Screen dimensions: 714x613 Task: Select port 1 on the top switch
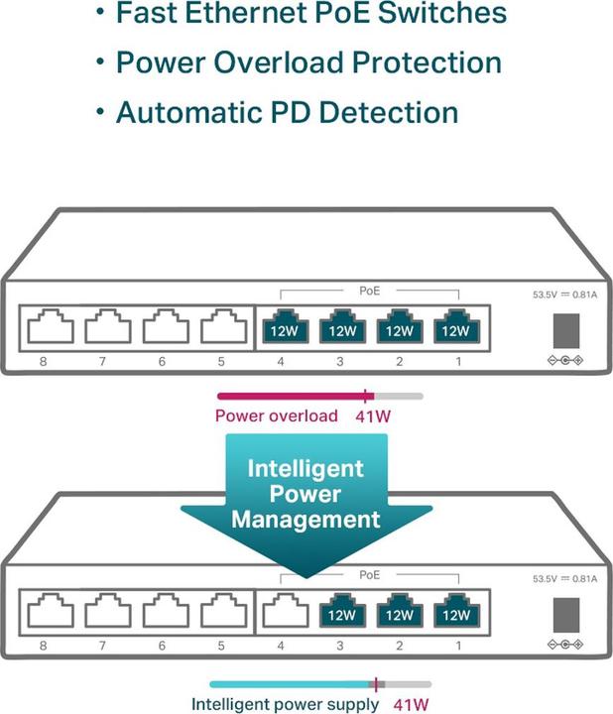point(456,328)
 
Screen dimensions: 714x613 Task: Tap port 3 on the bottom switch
point(340,613)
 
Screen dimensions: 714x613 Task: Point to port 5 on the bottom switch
point(224,613)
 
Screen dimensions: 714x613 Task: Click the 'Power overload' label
point(277,416)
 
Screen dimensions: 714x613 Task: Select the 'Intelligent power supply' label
point(285,704)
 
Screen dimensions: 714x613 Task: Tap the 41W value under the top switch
point(372,416)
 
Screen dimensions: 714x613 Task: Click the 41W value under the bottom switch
point(412,704)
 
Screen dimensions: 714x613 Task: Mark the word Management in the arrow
point(306,519)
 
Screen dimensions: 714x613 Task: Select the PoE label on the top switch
point(369,290)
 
